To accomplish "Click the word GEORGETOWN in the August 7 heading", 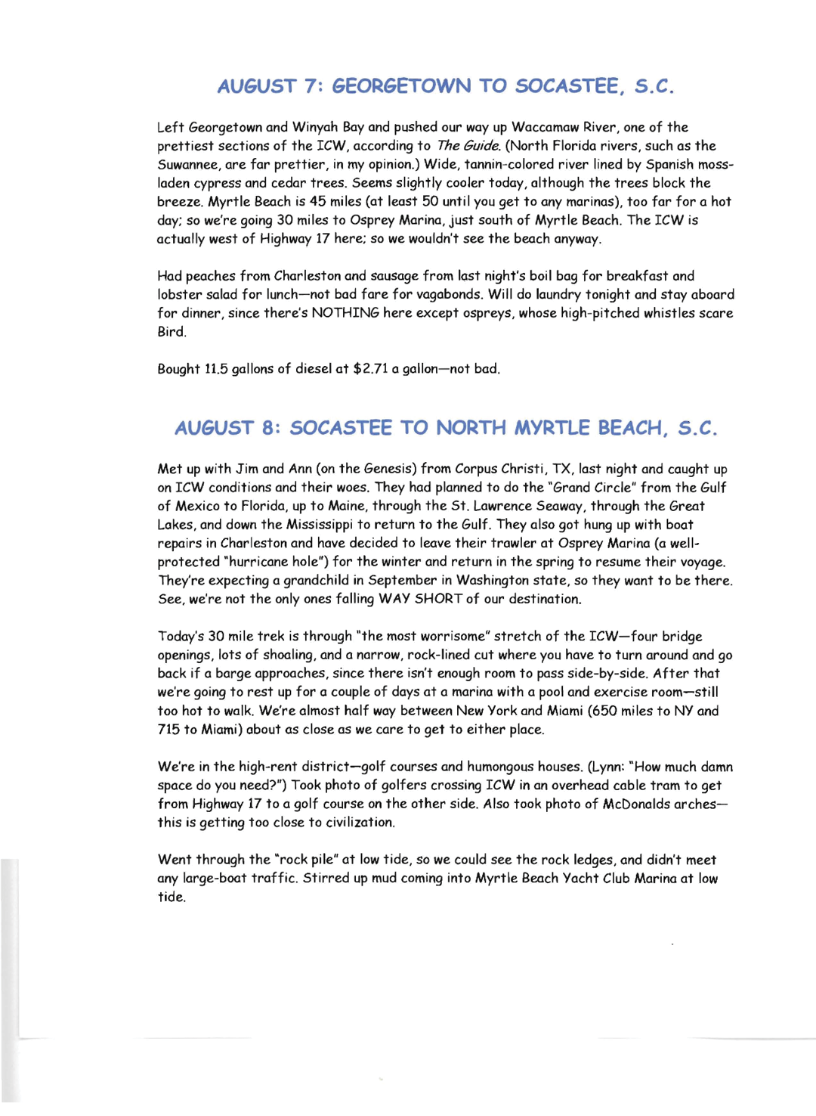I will tap(401, 86).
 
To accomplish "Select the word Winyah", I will tap(315, 127).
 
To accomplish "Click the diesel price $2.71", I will tap(370, 369).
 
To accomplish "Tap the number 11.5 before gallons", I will tap(216, 369).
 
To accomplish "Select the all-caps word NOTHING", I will tap(345, 313).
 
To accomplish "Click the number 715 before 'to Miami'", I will tap(168, 730).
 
